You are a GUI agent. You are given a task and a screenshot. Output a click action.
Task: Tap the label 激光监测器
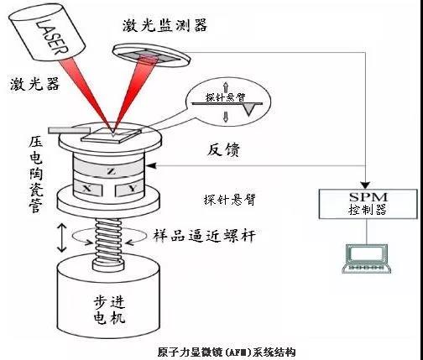164,25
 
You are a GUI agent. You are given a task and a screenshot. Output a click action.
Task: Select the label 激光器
35,84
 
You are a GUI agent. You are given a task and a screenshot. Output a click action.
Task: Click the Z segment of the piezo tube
112,172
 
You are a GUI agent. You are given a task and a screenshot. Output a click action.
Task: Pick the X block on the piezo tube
87,190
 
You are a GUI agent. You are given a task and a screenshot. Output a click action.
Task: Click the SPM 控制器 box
368,204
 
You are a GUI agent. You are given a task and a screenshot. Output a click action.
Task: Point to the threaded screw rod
108,243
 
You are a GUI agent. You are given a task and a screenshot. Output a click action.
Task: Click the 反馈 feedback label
223,150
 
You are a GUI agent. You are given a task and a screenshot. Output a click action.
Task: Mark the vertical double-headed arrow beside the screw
62,238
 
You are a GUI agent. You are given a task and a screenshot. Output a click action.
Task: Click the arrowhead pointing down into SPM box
365,185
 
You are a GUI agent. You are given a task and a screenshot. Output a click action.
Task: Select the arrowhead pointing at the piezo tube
151,166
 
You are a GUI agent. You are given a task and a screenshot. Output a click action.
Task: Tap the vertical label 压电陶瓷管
35,175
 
